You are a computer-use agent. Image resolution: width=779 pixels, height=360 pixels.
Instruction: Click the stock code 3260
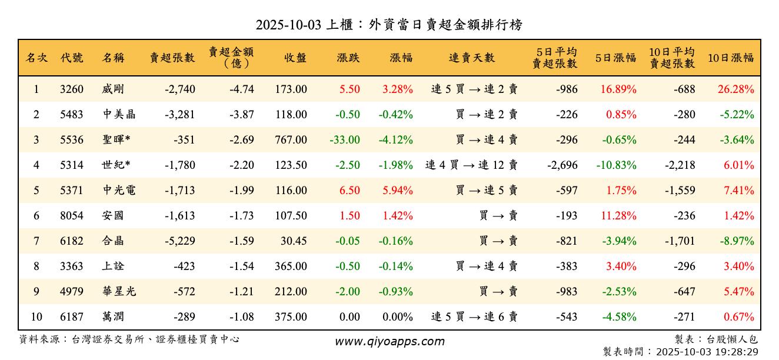click(72, 89)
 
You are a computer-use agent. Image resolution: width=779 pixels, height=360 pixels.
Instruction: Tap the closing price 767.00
click(291, 140)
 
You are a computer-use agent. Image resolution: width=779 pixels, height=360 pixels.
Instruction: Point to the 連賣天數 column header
click(472, 58)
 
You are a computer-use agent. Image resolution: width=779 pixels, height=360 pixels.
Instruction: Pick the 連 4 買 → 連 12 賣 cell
click(471, 165)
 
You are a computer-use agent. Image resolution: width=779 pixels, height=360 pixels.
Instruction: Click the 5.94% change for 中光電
click(398, 191)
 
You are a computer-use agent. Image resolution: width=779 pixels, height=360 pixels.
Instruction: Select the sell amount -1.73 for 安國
click(241, 216)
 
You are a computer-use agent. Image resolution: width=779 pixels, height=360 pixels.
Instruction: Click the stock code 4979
click(72, 292)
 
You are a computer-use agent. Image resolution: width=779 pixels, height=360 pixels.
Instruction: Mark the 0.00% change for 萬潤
click(398, 317)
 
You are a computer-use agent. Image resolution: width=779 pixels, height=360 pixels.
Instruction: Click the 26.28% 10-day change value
click(735, 89)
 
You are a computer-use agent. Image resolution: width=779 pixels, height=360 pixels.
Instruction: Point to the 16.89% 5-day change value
click(618, 89)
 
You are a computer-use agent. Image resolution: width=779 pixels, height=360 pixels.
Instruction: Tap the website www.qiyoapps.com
click(389, 341)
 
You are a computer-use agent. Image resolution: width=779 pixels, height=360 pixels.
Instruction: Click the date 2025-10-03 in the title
click(288, 25)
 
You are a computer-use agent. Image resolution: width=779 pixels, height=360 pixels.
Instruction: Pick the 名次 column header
click(36, 58)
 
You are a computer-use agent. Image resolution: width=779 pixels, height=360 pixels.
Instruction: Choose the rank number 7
click(36, 241)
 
